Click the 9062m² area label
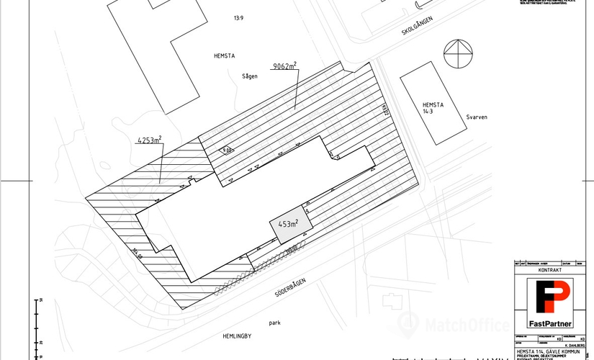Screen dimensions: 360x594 coord(284,66)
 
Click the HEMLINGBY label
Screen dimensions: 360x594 coord(235,336)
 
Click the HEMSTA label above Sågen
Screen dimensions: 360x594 coord(225,55)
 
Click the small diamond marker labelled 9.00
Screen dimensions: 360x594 coord(226,150)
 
